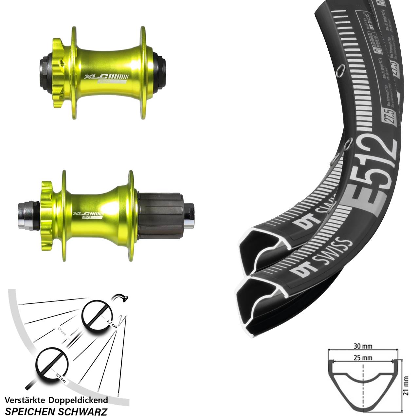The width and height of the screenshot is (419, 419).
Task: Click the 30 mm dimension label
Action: [x=363, y=346]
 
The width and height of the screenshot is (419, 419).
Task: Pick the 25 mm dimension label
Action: [x=363, y=358]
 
